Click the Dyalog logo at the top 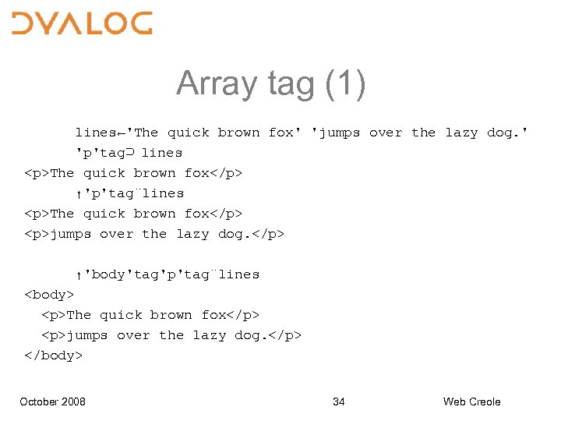(x=82, y=23)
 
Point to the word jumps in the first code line (x=336, y=133)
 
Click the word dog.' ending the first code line (x=507, y=133)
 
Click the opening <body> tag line (x=50, y=295)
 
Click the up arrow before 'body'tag (x=79, y=275)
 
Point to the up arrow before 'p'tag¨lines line (x=79, y=194)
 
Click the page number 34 (x=339, y=402)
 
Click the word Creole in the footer (x=484, y=402)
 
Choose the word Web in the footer (x=454, y=402)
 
